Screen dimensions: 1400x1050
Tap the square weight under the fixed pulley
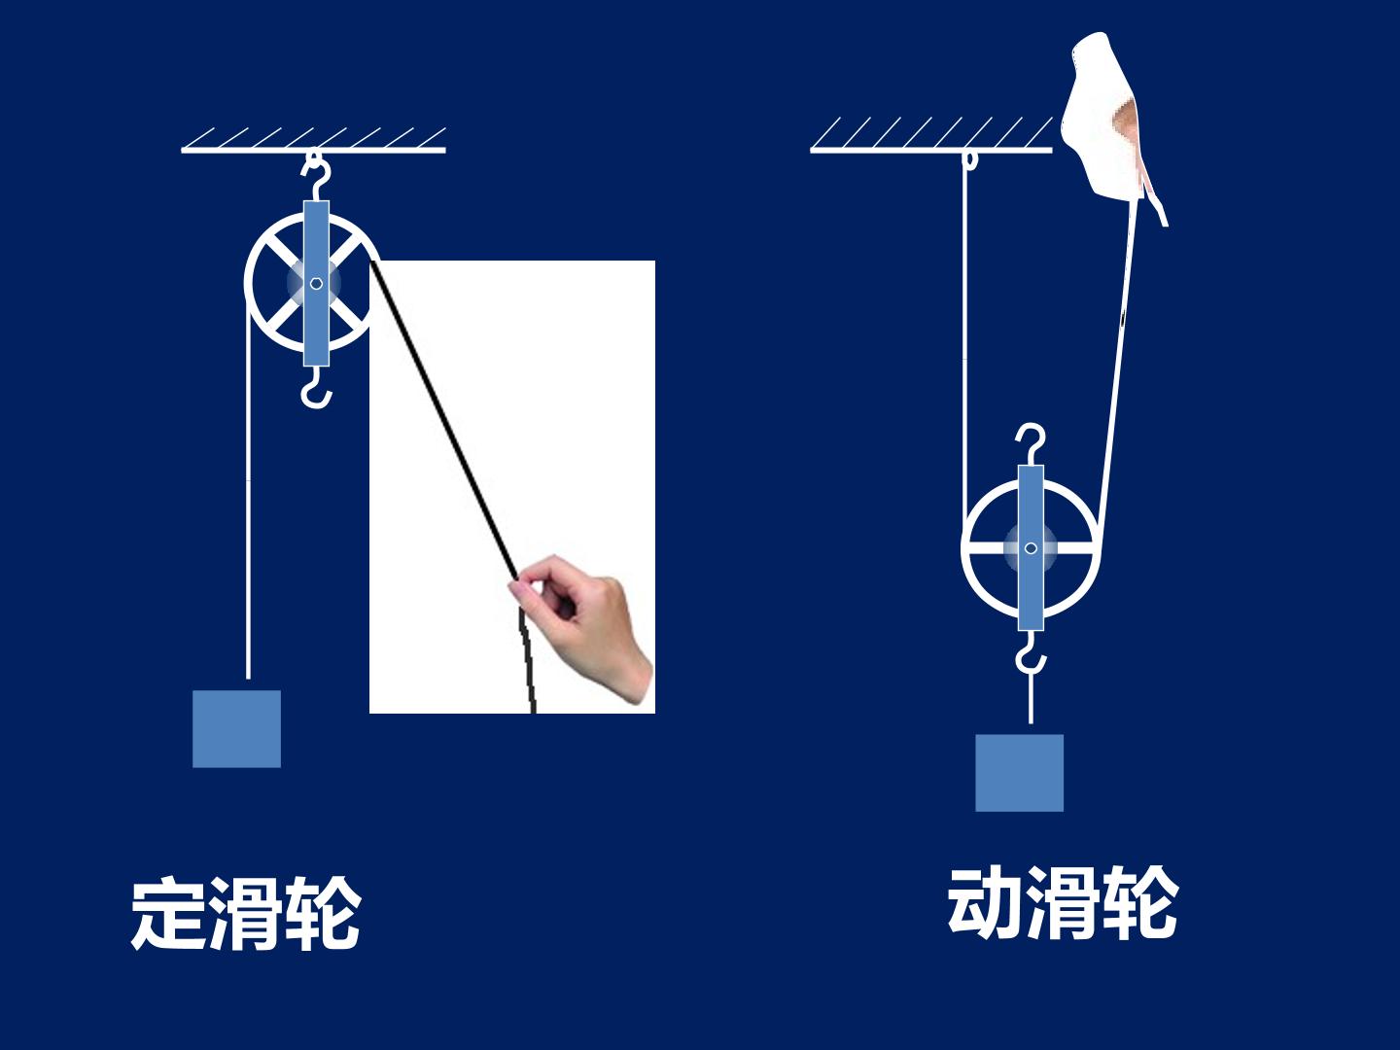(x=236, y=729)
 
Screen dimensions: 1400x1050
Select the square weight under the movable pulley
(x=1019, y=773)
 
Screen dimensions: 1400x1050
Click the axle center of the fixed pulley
(x=316, y=284)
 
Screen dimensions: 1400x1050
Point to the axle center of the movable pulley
(x=1031, y=547)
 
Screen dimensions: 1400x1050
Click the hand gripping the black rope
(x=580, y=628)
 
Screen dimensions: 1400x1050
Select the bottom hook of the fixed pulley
(x=316, y=388)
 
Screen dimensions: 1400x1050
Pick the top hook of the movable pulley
(x=1031, y=444)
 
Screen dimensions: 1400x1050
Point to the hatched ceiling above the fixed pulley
(x=313, y=140)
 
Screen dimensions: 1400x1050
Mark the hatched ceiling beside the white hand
(x=931, y=135)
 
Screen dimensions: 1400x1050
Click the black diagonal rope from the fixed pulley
(x=444, y=421)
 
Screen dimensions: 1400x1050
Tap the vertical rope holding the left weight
(x=248, y=490)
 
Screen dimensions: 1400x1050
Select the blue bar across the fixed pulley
(x=316, y=284)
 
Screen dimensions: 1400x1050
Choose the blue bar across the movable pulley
(x=1031, y=547)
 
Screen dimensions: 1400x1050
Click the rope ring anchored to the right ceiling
(x=969, y=160)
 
